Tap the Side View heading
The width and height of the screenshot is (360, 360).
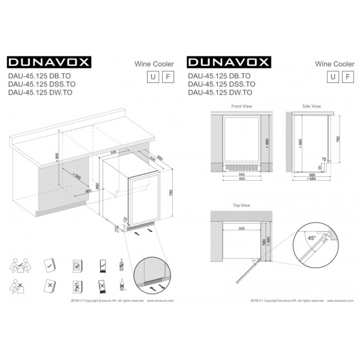311,106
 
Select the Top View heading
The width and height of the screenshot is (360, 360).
241,205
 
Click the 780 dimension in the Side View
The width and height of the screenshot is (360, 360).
338,139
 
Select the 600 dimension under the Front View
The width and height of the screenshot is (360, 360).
241,178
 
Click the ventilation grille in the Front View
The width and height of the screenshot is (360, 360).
241,167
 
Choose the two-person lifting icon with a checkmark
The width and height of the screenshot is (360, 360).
19,265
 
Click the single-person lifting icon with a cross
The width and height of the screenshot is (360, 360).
19,286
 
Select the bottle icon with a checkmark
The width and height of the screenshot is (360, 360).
122,264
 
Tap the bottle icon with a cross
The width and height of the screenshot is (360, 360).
122,286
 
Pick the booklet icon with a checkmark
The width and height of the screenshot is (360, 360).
49,265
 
